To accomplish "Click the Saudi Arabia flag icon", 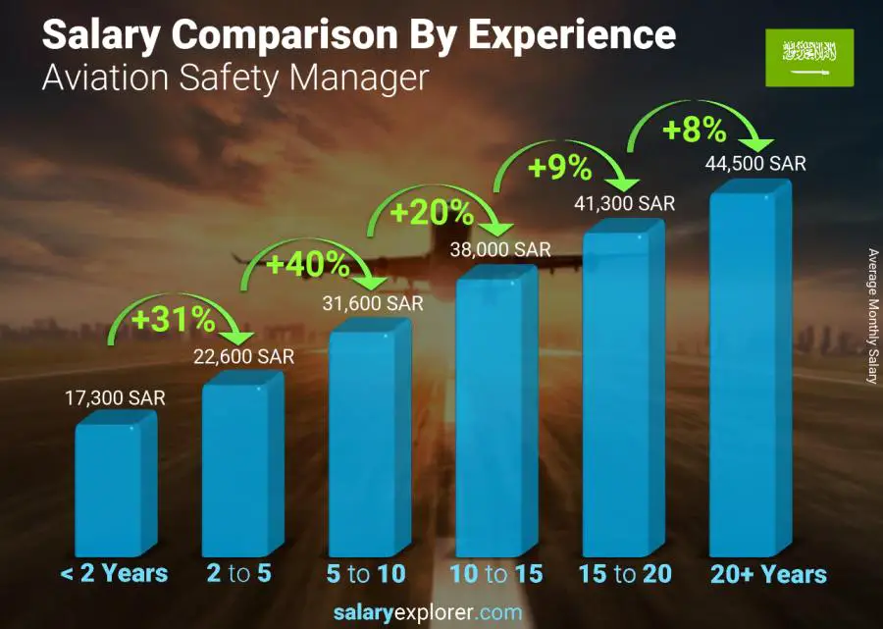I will [x=809, y=58].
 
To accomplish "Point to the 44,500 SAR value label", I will [x=755, y=164].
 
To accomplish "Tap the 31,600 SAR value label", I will [x=373, y=304].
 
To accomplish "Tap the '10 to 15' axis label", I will [x=495, y=574].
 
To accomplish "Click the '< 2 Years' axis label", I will [x=114, y=574].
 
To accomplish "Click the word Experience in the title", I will [x=571, y=35].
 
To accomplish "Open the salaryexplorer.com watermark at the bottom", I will [x=441, y=613].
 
